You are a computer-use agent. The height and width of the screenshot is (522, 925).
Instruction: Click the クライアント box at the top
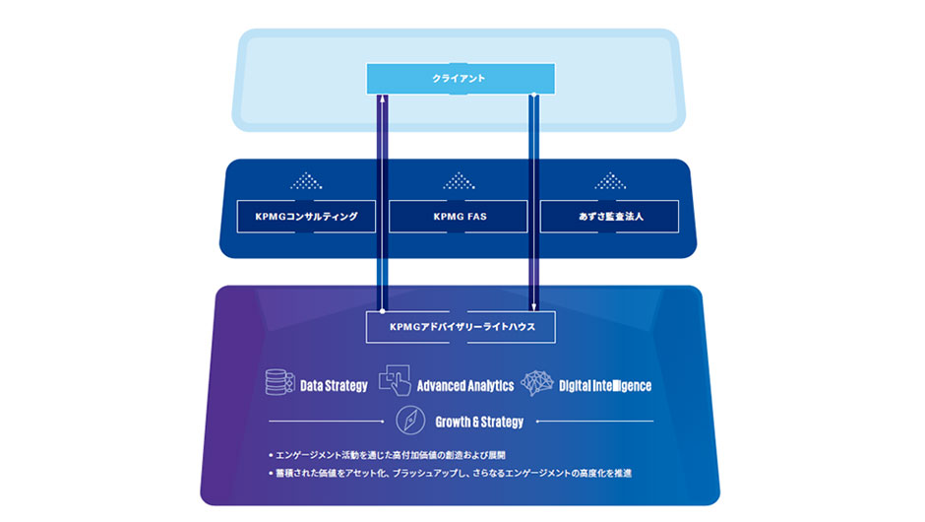coord(460,78)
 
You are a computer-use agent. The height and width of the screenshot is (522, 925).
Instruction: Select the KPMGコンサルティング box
coord(306,216)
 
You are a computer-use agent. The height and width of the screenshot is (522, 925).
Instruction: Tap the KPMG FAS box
coord(459,216)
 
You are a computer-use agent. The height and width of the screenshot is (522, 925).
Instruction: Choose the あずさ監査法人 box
coord(609,216)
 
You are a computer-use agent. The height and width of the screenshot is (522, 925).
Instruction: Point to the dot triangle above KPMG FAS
coord(459,181)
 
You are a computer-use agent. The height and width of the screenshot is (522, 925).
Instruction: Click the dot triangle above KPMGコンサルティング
coord(306,181)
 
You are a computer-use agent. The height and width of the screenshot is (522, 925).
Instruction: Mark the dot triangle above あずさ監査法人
coord(609,181)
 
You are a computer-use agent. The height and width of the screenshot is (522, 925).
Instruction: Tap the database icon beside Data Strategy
coord(279,383)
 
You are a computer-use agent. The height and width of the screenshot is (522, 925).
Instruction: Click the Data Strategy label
coord(334,385)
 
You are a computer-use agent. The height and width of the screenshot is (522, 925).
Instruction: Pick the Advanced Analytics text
coord(465,385)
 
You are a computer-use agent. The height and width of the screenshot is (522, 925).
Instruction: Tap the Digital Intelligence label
coord(605,385)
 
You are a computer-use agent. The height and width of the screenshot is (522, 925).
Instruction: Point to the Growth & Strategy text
coord(479,422)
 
